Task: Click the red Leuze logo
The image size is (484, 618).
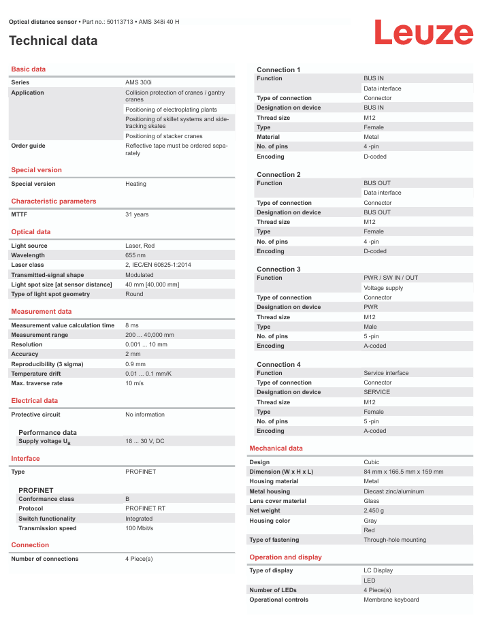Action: click(x=423, y=33)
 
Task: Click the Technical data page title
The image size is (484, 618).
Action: click(x=53, y=41)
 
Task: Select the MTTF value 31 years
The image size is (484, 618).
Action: click(x=137, y=214)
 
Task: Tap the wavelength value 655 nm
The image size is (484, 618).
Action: click(x=136, y=255)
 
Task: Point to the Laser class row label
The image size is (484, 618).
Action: click(x=28, y=265)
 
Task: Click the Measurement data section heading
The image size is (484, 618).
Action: click(x=42, y=312)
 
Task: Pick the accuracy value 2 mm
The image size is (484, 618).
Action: click(x=133, y=354)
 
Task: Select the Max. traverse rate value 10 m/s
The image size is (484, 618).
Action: click(x=133, y=383)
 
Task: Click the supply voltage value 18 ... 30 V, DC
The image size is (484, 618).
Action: click(x=145, y=441)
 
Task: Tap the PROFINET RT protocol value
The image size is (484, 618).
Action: click(x=145, y=508)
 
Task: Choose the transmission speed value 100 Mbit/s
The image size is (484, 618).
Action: click(x=140, y=528)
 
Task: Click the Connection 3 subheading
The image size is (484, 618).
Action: click(x=278, y=270)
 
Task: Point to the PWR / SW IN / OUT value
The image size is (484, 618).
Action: click(x=391, y=278)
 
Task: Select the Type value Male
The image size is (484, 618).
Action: click(x=371, y=327)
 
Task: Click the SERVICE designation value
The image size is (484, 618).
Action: click(x=377, y=392)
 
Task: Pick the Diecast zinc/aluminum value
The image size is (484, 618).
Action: click(x=393, y=491)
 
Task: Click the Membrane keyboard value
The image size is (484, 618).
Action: click(x=391, y=600)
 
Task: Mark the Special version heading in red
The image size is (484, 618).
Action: click(x=37, y=170)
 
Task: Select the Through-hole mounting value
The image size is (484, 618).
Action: click(x=395, y=540)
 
